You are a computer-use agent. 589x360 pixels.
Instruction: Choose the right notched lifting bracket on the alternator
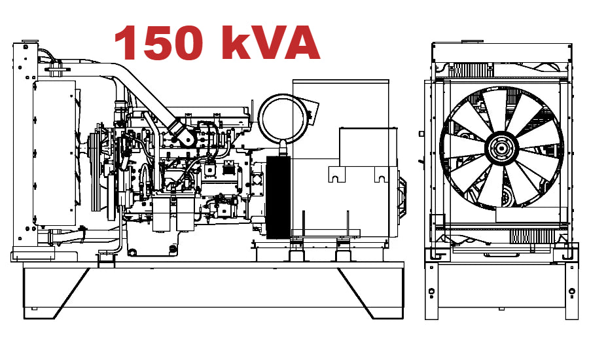tap(381, 175)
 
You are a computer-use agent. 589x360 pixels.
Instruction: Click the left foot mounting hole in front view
tap(432, 289)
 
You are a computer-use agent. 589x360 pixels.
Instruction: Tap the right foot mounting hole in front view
tap(572, 290)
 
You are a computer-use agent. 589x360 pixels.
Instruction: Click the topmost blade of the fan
tap(496, 107)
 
